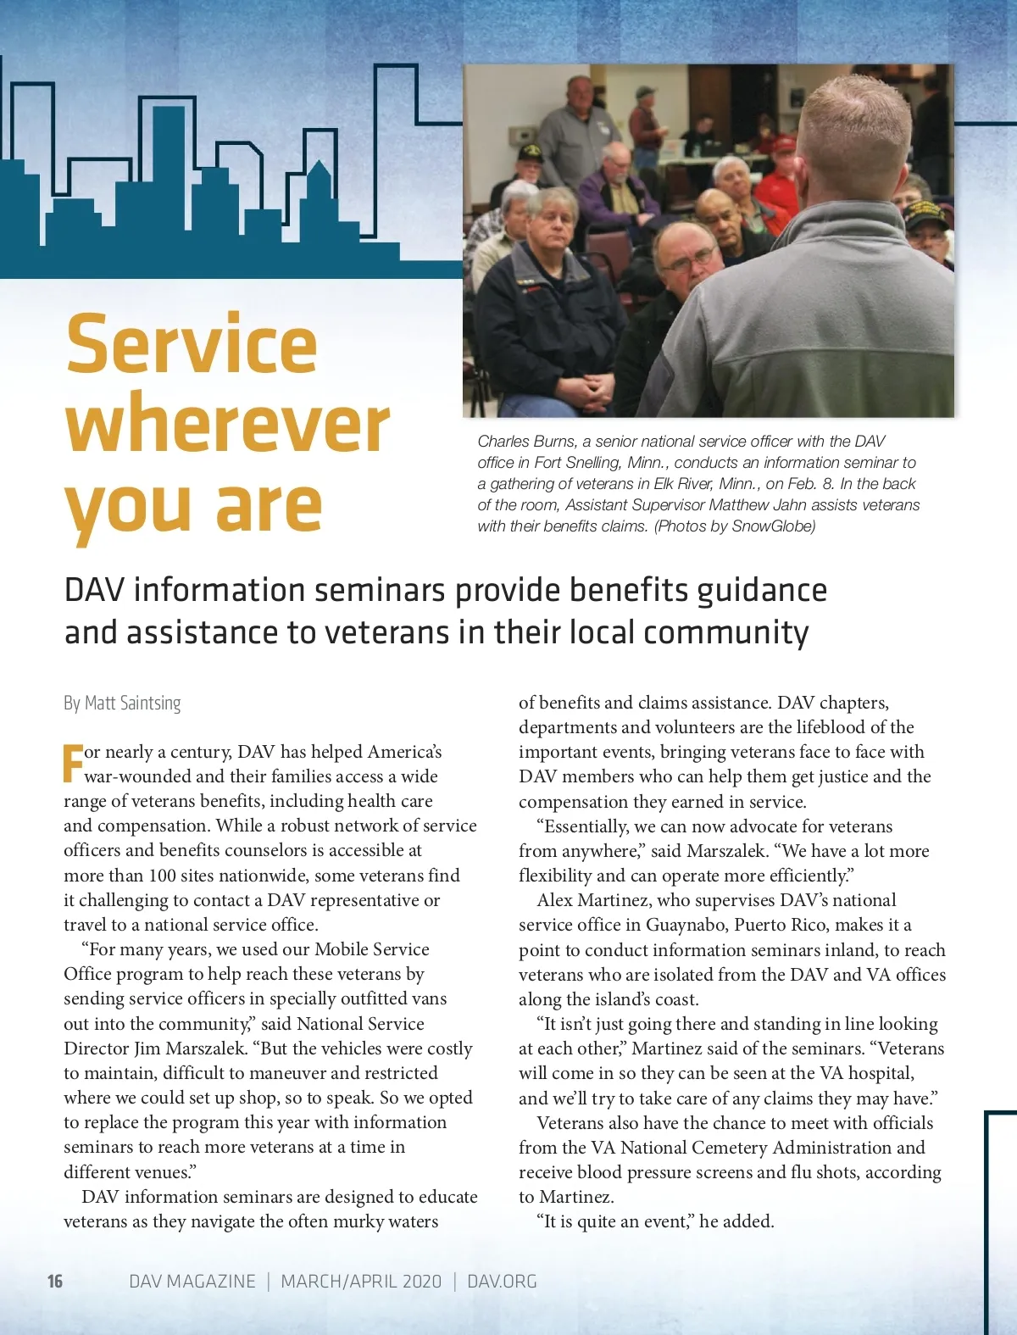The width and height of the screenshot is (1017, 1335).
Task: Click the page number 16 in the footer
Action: (55, 1281)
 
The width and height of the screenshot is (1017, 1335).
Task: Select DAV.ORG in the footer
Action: (502, 1281)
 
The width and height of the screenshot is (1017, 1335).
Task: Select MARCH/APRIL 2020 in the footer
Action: (361, 1281)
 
